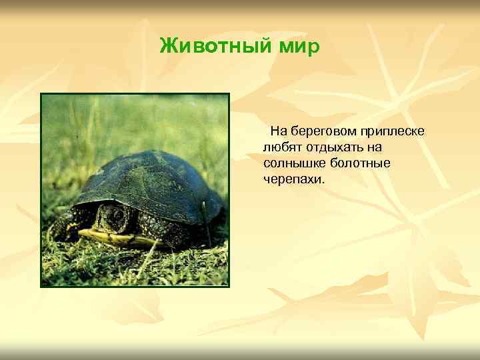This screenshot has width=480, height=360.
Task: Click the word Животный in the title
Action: pyautogui.click(x=208, y=47)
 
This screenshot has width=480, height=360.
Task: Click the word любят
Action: pyautogui.click(x=281, y=147)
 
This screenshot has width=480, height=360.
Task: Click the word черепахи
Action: pyautogui.click(x=291, y=179)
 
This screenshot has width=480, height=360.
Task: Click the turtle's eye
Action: pyautogui.click(x=117, y=215)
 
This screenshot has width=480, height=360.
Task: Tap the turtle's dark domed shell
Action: pyautogui.click(x=150, y=180)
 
